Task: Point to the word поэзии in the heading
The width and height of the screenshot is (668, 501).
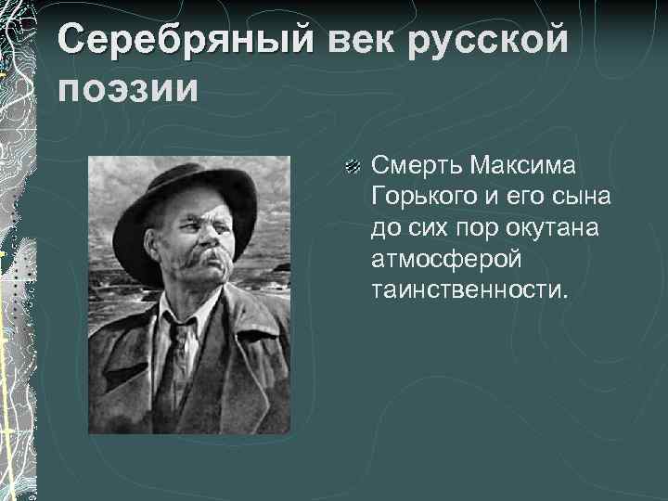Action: pos(127,90)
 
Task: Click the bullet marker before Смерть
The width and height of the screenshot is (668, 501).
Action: pos(352,168)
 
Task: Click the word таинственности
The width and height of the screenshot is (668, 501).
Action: pos(468,290)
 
